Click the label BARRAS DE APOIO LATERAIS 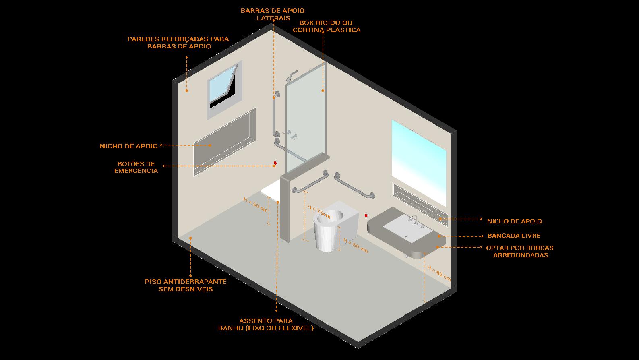pyautogui.click(x=273, y=14)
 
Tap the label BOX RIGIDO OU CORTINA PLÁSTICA pyautogui.click(x=327, y=26)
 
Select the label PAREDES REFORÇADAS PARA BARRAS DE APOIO pyautogui.click(x=178, y=43)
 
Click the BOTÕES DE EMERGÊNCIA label pyautogui.click(x=136, y=167)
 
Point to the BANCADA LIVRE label pyautogui.click(x=514, y=236)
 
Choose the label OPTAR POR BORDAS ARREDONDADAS pyautogui.click(x=520, y=251)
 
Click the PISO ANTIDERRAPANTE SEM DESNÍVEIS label pyautogui.click(x=186, y=285)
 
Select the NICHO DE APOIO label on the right pyautogui.click(x=514, y=221)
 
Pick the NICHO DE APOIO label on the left pyautogui.click(x=129, y=146)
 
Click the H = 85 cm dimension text pyautogui.click(x=439, y=273)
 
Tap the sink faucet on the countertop pyautogui.click(x=413, y=219)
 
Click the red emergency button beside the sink pyautogui.click(x=366, y=215)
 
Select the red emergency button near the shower pyautogui.click(x=275, y=163)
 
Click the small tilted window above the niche pyautogui.click(x=224, y=89)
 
